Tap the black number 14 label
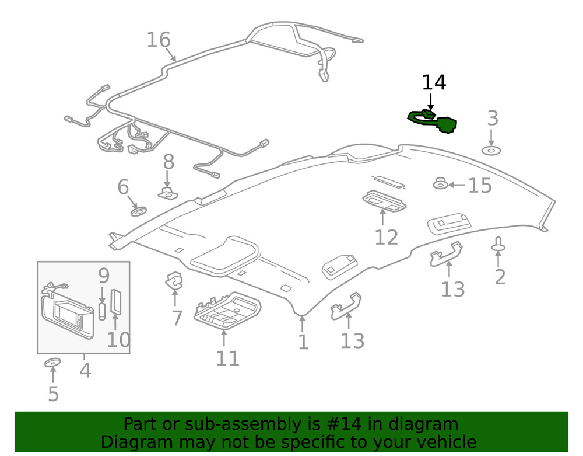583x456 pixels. click(x=434, y=83)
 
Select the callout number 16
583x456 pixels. click(x=158, y=40)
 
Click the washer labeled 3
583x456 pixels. click(x=491, y=151)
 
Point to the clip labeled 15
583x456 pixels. click(x=440, y=185)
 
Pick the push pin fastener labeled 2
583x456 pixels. click(x=499, y=245)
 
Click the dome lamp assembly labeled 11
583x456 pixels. click(x=227, y=309)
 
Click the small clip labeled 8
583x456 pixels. click(x=168, y=192)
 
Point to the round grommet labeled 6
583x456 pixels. click(x=139, y=210)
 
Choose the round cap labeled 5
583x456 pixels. click(x=52, y=364)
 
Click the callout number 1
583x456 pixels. click(x=303, y=342)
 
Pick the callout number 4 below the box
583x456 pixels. click(x=85, y=370)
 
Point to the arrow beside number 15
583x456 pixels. click(x=457, y=185)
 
